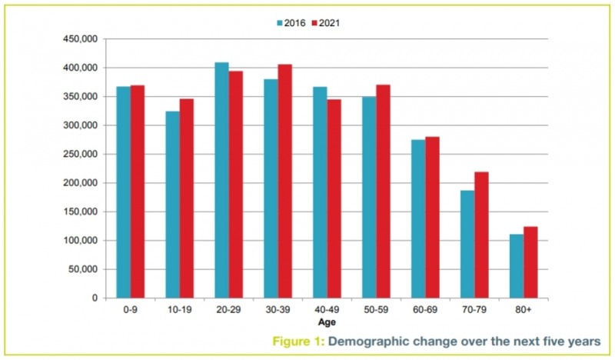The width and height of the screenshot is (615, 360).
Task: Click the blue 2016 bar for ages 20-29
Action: click(221, 180)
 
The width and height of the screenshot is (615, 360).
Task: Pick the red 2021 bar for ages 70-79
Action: click(481, 235)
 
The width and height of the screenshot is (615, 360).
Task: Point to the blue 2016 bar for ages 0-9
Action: click(124, 192)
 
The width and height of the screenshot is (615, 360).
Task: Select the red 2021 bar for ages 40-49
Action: click(334, 198)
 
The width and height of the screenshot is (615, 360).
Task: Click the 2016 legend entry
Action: click(291, 23)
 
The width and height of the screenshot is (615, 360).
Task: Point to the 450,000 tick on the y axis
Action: click(81, 39)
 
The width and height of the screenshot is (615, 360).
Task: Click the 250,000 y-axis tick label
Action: click(81, 154)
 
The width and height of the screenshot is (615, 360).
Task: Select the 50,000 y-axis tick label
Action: click(83, 269)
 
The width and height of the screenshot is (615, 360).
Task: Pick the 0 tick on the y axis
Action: click(94, 298)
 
